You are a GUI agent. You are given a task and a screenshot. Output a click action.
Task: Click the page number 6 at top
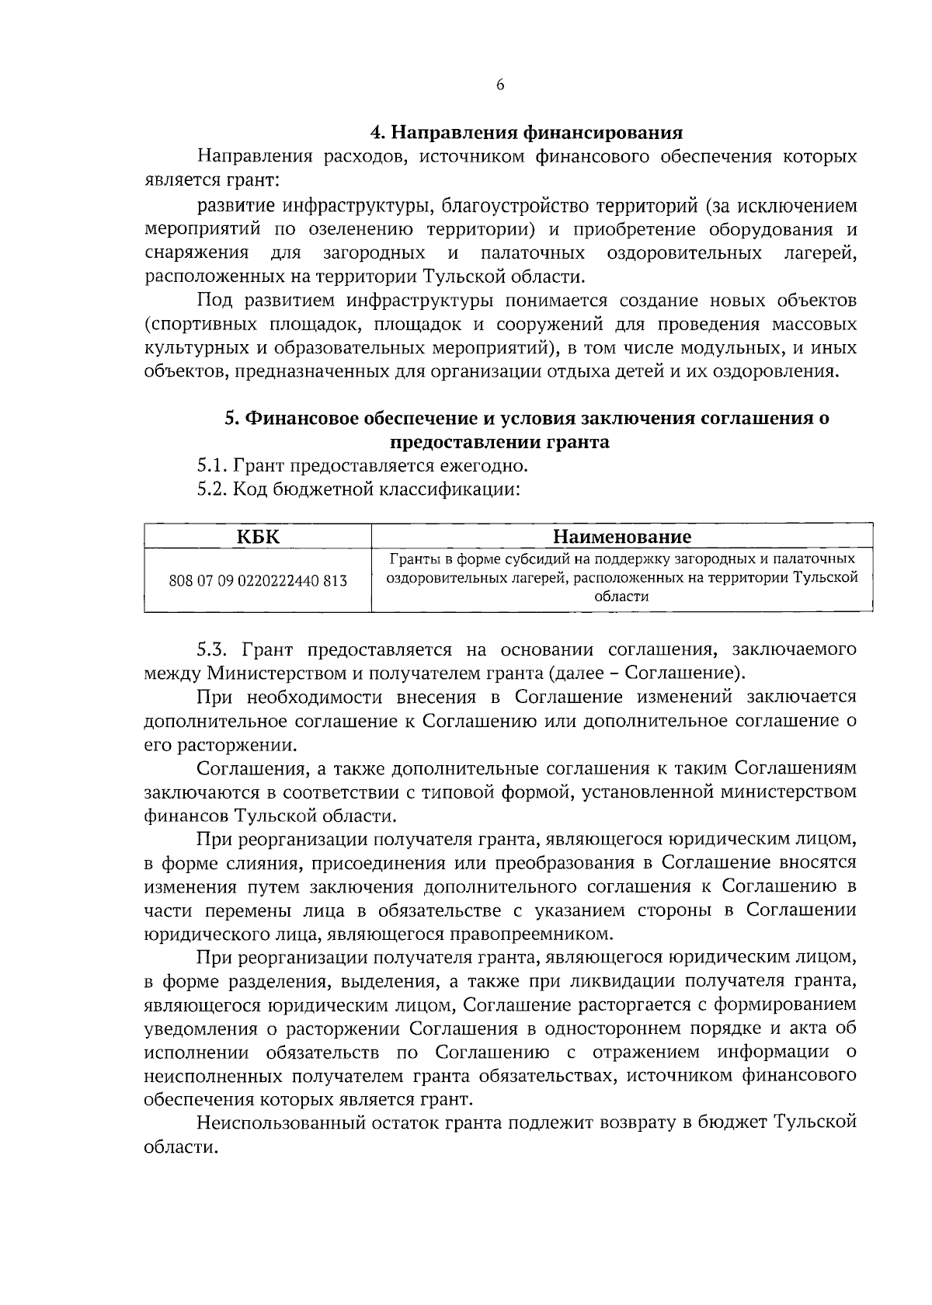[x=500, y=85]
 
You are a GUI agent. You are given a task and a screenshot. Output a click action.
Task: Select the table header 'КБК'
[x=258, y=537]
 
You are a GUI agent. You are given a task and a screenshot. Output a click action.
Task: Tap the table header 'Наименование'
[x=621, y=537]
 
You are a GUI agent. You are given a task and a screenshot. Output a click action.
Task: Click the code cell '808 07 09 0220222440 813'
[x=258, y=580]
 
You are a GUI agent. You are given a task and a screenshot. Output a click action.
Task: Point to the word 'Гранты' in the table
[x=412, y=559]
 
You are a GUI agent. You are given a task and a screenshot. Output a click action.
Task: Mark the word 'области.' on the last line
[x=179, y=1147]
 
